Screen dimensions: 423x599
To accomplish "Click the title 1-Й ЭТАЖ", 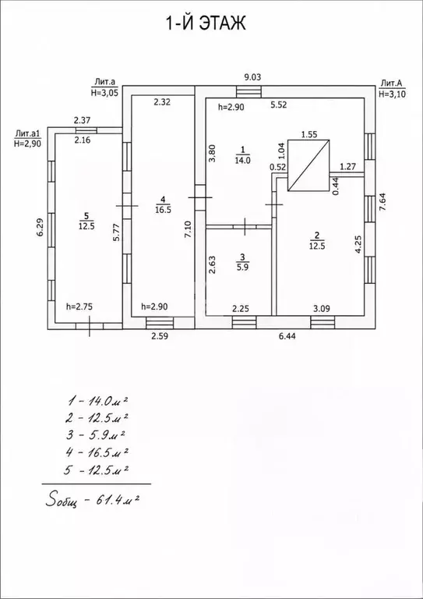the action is (205, 23).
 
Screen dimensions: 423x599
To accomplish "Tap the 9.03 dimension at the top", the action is (252, 77).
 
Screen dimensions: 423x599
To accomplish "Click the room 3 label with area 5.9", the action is (244, 262).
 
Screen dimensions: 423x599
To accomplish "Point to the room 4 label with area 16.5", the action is (163, 204).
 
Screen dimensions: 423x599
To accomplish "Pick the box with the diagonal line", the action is (308, 165).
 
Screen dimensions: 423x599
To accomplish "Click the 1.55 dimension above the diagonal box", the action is (309, 134).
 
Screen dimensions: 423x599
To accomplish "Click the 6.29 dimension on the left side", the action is (40, 226).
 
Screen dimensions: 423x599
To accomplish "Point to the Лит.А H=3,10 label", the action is (392, 89).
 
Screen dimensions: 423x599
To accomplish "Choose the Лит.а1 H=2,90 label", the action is (27, 139).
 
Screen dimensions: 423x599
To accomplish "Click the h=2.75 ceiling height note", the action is (79, 306).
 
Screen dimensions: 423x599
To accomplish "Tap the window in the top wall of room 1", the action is (249, 92).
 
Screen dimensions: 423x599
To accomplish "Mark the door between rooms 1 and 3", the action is (245, 226).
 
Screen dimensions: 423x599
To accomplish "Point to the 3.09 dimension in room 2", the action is (321, 308).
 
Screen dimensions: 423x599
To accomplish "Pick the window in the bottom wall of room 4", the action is (160, 323).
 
